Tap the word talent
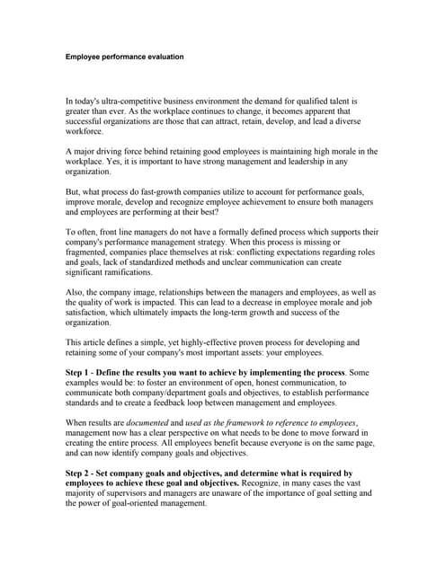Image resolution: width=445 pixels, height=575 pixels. click(335, 102)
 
